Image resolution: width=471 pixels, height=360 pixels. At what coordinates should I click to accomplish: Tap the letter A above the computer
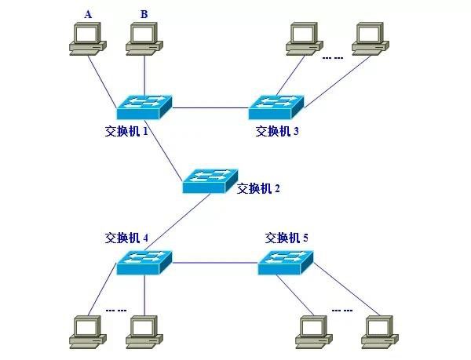(x=88, y=13)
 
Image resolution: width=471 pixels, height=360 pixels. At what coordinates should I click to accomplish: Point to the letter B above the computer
(x=144, y=13)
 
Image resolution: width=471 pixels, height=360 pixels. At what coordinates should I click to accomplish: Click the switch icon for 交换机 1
(x=144, y=105)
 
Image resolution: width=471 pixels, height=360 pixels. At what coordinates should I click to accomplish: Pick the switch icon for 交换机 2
(x=210, y=180)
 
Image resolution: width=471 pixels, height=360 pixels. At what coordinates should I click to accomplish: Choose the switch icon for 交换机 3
(x=276, y=105)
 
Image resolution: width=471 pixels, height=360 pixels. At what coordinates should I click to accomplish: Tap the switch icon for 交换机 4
(x=144, y=263)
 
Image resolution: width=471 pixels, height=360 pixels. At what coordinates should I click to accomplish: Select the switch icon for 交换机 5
(x=287, y=263)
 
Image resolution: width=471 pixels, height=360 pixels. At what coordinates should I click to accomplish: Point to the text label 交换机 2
(x=258, y=188)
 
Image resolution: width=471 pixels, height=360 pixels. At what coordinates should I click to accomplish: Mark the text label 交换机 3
(x=277, y=131)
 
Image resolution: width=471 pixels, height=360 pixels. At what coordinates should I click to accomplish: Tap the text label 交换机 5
(x=287, y=238)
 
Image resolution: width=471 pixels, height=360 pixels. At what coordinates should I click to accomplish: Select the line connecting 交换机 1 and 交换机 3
(x=210, y=107)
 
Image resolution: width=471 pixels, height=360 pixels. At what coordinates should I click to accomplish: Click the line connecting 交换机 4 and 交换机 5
(x=215, y=265)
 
